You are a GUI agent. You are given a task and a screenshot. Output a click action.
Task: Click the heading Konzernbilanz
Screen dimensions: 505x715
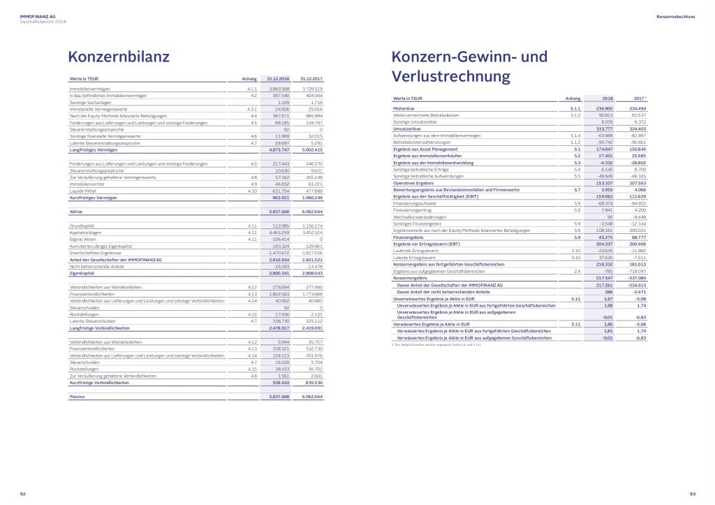click(x=118, y=57)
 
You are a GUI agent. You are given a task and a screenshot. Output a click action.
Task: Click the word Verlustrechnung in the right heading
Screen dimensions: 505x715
click(x=451, y=75)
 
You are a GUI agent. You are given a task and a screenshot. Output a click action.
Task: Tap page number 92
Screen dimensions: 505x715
click(x=23, y=494)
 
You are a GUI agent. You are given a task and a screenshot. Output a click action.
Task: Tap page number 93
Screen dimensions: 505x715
click(x=692, y=494)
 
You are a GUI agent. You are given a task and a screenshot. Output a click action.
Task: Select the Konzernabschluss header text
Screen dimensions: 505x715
click(x=675, y=15)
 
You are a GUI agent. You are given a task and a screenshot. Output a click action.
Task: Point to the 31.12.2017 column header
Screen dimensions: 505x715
click(x=310, y=79)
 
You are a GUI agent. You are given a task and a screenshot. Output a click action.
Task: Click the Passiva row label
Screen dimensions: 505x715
click(x=78, y=396)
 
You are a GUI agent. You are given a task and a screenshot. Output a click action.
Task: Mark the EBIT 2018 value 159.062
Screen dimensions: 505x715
click(x=601, y=197)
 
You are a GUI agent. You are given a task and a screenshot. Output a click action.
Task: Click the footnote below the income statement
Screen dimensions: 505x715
click(x=437, y=344)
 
